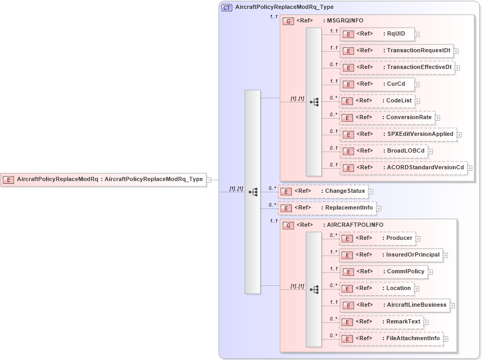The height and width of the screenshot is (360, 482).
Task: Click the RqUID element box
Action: (377, 34)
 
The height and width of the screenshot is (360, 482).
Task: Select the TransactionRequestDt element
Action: (397, 51)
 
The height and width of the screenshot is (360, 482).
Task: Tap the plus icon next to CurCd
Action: (417, 85)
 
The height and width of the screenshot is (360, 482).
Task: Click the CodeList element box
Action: (377, 101)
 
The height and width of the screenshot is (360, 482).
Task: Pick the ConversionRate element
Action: (387, 118)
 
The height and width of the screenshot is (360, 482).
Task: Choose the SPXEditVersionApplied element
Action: (398, 134)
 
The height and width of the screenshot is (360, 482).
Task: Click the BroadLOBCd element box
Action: (383, 151)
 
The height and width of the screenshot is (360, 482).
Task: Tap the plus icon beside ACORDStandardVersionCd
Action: (470, 168)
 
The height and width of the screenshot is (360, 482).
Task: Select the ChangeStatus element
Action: (323, 191)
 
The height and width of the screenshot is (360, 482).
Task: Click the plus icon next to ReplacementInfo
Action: (379, 208)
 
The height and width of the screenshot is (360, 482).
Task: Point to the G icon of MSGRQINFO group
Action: (288, 21)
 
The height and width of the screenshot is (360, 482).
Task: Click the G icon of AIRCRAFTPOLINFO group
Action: (288, 225)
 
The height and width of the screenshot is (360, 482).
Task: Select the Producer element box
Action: (378, 238)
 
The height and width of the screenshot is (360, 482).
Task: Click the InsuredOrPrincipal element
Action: (391, 255)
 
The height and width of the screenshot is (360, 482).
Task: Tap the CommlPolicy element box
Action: (384, 272)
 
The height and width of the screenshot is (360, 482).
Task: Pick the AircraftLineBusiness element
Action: (395, 305)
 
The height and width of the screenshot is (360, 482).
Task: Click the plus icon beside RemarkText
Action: (426, 322)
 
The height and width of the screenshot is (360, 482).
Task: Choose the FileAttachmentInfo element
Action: (391, 339)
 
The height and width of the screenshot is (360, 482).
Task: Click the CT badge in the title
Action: (227, 7)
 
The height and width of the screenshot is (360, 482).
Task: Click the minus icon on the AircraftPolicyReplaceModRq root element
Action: (209, 180)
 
